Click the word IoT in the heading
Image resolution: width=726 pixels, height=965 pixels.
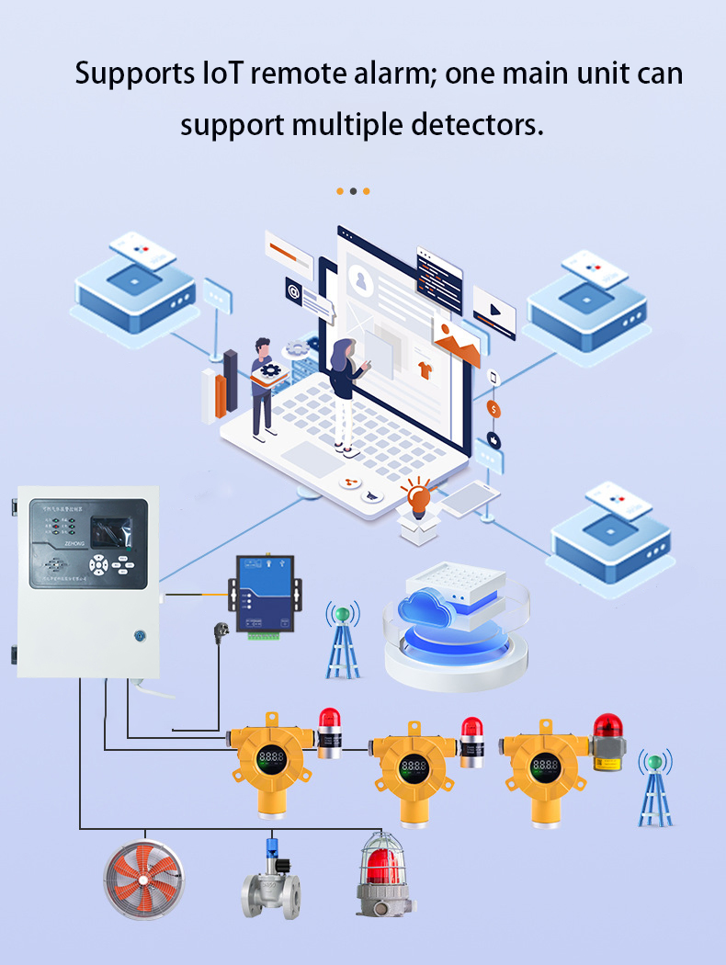tap(222, 74)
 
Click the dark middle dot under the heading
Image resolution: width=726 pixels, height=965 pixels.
tap(353, 191)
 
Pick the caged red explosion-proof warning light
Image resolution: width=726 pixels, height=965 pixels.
tap(384, 873)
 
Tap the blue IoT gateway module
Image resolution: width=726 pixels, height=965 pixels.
tap(264, 594)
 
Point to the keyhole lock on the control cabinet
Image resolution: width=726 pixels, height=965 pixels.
tap(140, 634)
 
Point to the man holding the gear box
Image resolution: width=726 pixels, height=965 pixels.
tap(264, 386)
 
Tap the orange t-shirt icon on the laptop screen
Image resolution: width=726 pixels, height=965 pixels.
tap(425, 369)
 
